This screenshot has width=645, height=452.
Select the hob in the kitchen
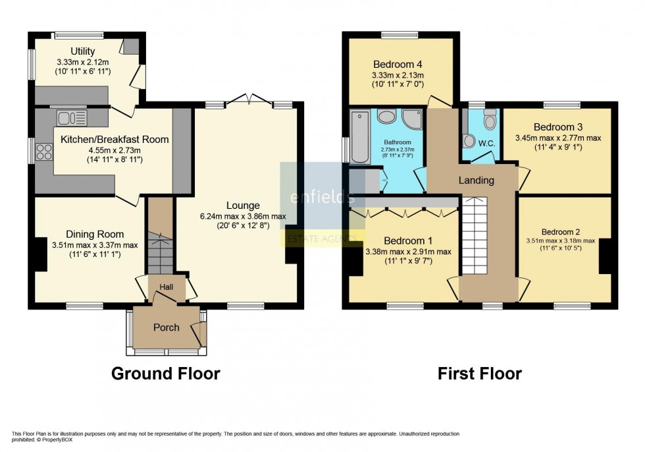click(x=45, y=152)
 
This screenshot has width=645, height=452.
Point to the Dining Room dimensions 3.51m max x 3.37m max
click(x=95, y=246)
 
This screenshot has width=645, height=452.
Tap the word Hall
click(x=166, y=287)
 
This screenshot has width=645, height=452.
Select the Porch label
click(x=166, y=327)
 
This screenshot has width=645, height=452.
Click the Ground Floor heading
click(x=165, y=374)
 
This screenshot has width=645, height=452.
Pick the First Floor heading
click(x=480, y=374)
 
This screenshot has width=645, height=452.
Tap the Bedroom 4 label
click(x=397, y=65)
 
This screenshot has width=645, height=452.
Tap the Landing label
click(x=476, y=181)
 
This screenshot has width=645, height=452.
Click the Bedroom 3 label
click(x=558, y=127)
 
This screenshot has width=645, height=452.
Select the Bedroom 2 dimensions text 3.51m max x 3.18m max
click(x=559, y=241)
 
